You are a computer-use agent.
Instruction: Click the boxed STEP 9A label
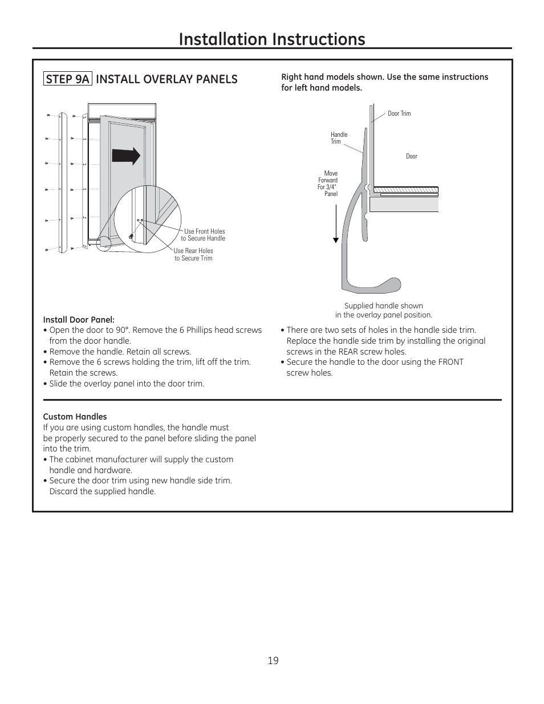coord(68,79)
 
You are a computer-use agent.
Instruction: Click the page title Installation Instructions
coord(272,39)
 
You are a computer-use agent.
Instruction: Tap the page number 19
coord(273,661)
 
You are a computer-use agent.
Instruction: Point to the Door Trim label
coord(399,113)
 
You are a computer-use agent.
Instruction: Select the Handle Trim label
coord(338,138)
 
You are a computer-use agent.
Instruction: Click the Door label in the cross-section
coord(412,156)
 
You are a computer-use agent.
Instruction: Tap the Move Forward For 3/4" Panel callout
coord(328,184)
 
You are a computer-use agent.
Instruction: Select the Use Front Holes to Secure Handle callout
coord(204,235)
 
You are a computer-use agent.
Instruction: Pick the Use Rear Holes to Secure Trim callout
coord(193,254)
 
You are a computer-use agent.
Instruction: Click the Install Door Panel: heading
coord(79,320)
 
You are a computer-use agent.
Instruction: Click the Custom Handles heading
coord(75,417)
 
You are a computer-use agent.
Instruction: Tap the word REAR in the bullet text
coord(348,352)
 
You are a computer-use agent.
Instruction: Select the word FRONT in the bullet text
coord(450,362)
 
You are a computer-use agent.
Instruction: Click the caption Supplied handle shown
coord(383,306)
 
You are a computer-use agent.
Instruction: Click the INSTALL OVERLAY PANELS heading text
coord(167,79)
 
